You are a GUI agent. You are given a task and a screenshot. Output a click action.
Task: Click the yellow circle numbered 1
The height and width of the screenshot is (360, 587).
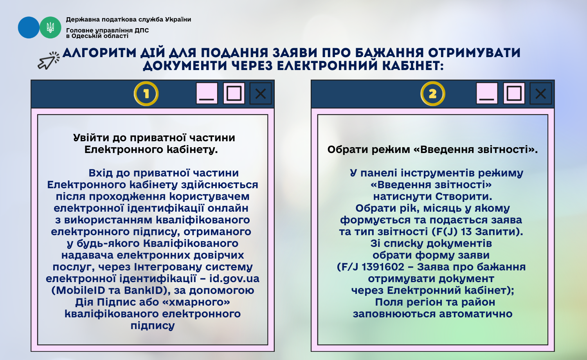point(146,94)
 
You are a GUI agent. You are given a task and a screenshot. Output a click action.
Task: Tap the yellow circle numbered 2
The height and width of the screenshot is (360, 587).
point(433,94)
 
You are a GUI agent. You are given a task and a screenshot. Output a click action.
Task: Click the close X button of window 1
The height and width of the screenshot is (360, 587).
point(261,94)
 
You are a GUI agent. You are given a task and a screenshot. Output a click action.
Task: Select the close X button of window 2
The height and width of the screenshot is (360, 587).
point(540,94)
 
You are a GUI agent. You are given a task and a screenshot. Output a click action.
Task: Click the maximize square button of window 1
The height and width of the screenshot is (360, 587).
point(234,94)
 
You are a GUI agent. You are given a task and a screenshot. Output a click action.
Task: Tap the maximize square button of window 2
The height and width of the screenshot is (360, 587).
point(514,94)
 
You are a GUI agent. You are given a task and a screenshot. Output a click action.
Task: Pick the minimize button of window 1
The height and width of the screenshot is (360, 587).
point(207,94)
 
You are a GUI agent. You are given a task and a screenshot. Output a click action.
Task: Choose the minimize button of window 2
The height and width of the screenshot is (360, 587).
point(487,94)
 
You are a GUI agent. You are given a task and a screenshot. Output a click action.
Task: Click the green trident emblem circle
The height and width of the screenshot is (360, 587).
point(50,27)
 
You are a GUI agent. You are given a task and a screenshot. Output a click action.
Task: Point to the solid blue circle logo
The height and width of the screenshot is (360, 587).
point(29,27)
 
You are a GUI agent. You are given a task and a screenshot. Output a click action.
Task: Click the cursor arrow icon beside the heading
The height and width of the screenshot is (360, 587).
point(49,61)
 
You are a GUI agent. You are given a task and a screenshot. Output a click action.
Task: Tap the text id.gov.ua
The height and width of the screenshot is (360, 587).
point(234,279)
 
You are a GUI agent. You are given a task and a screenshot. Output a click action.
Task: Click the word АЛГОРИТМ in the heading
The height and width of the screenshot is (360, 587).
point(99,53)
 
